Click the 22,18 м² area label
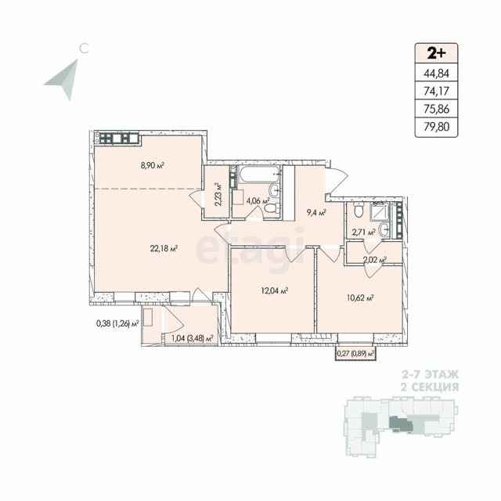coord(164,248)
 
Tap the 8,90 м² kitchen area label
coord(153,165)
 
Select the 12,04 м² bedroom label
coord(275,290)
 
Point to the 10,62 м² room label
coord(360,298)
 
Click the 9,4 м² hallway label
coord(316,212)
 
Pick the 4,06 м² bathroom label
coord(258,201)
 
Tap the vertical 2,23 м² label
coord(218,195)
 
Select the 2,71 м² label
coord(363,232)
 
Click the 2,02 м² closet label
coord(375,260)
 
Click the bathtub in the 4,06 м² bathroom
coord(259,175)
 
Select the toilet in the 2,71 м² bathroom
coord(359,209)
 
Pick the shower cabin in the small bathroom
coord(380,211)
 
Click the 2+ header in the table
coord(437,53)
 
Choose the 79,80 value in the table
coord(437,127)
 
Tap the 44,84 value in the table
coord(437,74)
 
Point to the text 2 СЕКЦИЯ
coord(430,387)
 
